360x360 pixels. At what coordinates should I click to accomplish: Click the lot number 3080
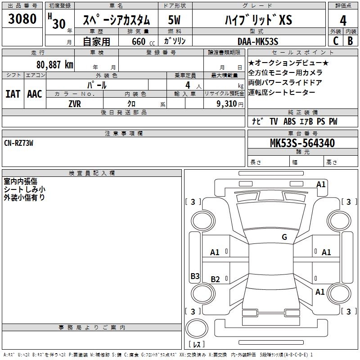point(22,19)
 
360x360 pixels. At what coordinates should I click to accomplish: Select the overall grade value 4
point(343,21)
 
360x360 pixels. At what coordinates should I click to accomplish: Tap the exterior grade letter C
point(336,41)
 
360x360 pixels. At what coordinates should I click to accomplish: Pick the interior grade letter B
point(350,41)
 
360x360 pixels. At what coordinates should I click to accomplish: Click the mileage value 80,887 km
point(55,65)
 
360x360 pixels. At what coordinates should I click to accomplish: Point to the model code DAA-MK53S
point(258,41)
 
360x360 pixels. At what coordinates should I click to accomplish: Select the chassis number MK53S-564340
point(302,143)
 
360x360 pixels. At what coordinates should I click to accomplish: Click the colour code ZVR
point(75,104)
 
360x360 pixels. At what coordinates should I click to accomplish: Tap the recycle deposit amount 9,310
point(227,104)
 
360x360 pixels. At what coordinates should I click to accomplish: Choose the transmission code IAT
point(13,94)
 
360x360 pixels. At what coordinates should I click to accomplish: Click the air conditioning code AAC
point(35,94)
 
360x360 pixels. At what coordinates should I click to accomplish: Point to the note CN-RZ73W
point(18,143)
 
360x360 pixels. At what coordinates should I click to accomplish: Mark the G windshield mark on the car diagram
point(284,237)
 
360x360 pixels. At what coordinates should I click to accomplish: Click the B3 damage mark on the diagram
point(195,276)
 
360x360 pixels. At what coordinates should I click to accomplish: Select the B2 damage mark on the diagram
point(215,279)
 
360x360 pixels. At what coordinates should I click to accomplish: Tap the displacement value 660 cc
point(143,42)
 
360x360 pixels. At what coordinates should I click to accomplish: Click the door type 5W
point(174,20)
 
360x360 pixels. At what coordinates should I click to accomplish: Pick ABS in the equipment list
point(289,121)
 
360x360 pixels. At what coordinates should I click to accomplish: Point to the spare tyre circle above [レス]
point(197,328)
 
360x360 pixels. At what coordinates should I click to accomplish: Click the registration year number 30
point(59,24)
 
